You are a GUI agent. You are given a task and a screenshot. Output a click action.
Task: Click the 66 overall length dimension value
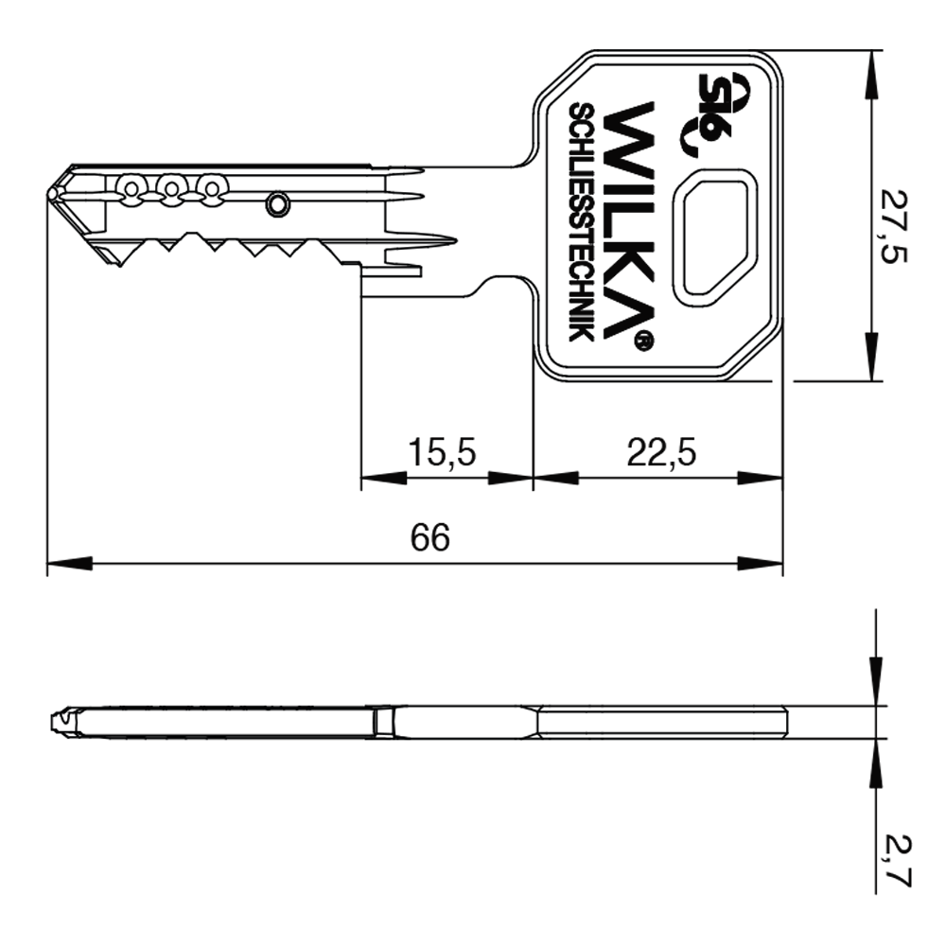point(430,538)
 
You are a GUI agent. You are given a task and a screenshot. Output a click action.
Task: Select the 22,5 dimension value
point(661,453)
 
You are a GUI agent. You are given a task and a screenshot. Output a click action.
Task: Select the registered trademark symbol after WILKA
point(641,341)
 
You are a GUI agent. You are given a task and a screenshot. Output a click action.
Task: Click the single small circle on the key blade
point(277,203)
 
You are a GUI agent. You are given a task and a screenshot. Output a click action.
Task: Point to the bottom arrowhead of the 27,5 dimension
point(870,360)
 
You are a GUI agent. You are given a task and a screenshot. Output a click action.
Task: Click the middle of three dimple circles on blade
point(170,187)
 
